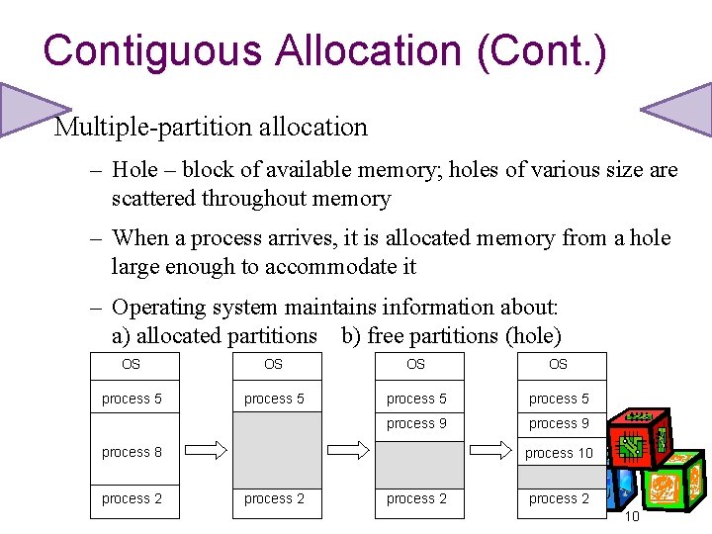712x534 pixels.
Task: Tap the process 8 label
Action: (132, 452)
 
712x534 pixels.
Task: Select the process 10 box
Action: (559, 453)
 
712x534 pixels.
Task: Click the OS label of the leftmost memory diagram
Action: (132, 365)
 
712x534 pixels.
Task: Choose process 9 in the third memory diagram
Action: (416, 424)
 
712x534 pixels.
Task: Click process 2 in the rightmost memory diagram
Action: (559, 499)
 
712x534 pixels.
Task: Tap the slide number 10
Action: (634, 517)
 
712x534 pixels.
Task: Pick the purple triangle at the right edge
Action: (682, 108)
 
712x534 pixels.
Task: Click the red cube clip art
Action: (639, 446)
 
